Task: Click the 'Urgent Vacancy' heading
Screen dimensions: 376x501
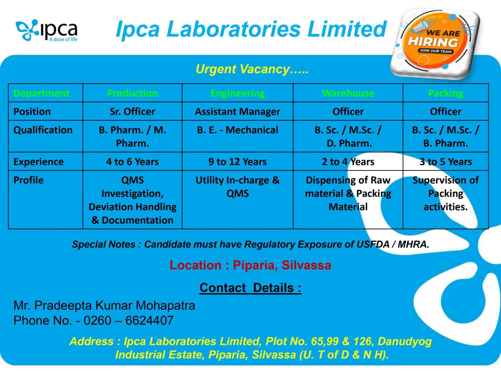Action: click(x=252, y=69)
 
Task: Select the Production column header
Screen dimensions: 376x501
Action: click(x=132, y=93)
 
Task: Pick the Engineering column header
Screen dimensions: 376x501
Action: click(x=238, y=93)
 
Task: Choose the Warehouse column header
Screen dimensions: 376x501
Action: click(x=348, y=93)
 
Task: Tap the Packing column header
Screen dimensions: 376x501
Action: click(x=446, y=93)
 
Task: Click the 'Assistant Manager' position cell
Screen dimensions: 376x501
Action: click(x=238, y=112)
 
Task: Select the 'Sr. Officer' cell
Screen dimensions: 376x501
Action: click(x=132, y=112)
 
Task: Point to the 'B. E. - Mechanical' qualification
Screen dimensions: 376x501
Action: click(x=238, y=130)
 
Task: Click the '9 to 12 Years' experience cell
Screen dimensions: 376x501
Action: click(x=238, y=162)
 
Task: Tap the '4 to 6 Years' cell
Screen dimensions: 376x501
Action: click(x=132, y=162)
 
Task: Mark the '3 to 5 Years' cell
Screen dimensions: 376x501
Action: click(x=446, y=162)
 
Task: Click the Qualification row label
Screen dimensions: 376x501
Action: click(x=43, y=130)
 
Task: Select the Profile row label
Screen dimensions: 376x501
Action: click(x=28, y=180)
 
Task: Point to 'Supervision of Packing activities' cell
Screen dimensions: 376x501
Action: click(x=446, y=193)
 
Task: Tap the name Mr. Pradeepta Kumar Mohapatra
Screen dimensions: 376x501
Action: click(x=104, y=305)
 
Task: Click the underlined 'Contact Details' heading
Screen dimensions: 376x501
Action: click(x=250, y=288)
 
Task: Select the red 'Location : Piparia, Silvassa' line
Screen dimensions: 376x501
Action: click(x=250, y=265)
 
